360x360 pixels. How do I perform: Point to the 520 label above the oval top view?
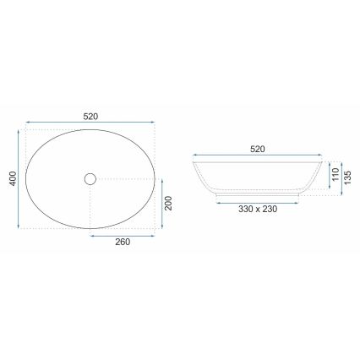point(91,116)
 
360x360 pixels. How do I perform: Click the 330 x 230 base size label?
point(258,207)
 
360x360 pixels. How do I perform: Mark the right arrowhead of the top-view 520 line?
point(156,123)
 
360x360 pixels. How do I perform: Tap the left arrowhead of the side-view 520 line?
point(195,156)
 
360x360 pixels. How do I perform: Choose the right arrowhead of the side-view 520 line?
point(321,156)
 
